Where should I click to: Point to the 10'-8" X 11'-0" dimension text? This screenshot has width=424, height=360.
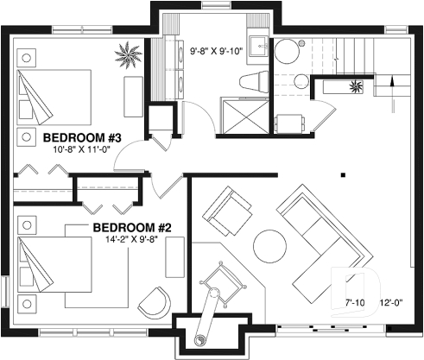pyautogui.click(x=82, y=150)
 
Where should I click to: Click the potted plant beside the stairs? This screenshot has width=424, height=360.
pyautogui.click(x=355, y=86)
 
